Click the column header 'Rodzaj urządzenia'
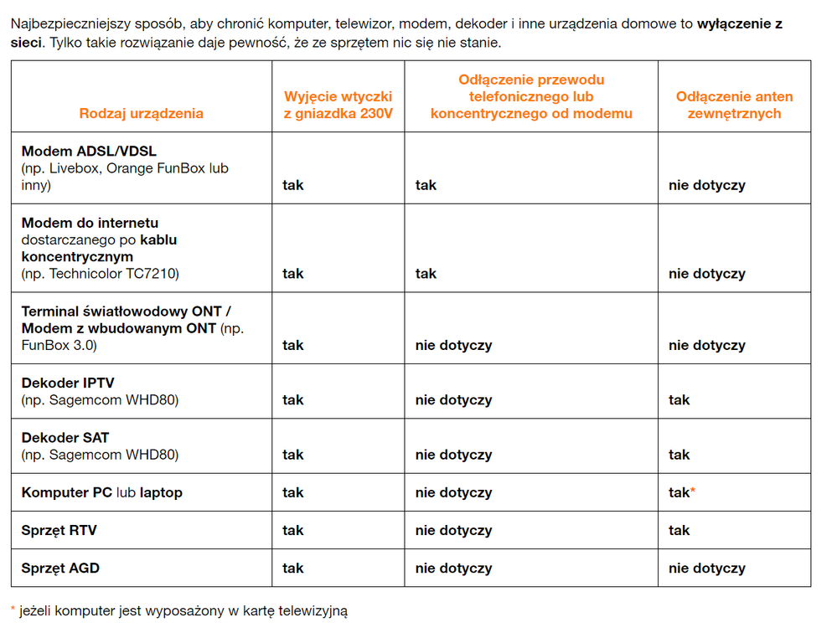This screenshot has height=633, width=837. [x=141, y=113]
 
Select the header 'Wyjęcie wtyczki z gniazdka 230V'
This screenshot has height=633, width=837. [x=338, y=105]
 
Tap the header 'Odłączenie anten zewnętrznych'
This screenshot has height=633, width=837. [x=734, y=105]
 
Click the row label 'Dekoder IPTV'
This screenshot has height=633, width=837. [x=68, y=383]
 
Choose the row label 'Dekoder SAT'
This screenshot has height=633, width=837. [x=65, y=437]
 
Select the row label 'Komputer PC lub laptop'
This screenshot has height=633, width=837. [x=101, y=492]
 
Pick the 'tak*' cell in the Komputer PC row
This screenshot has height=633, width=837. [x=681, y=492]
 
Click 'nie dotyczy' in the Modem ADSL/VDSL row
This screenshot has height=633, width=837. [x=706, y=185]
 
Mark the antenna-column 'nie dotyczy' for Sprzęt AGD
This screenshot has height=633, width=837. [x=706, y=569]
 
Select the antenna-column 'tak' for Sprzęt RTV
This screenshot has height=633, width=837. [x=679, y=530]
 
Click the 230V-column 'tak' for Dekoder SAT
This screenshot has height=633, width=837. [x=292, y=455]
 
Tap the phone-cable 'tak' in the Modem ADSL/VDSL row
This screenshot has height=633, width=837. [x=426, y=185]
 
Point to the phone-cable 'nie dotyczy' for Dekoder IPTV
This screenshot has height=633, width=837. [x=453, y=400]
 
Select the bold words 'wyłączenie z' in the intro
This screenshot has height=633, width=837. [x=740, y=24]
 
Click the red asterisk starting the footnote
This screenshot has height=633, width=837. [x=13, y=609]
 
